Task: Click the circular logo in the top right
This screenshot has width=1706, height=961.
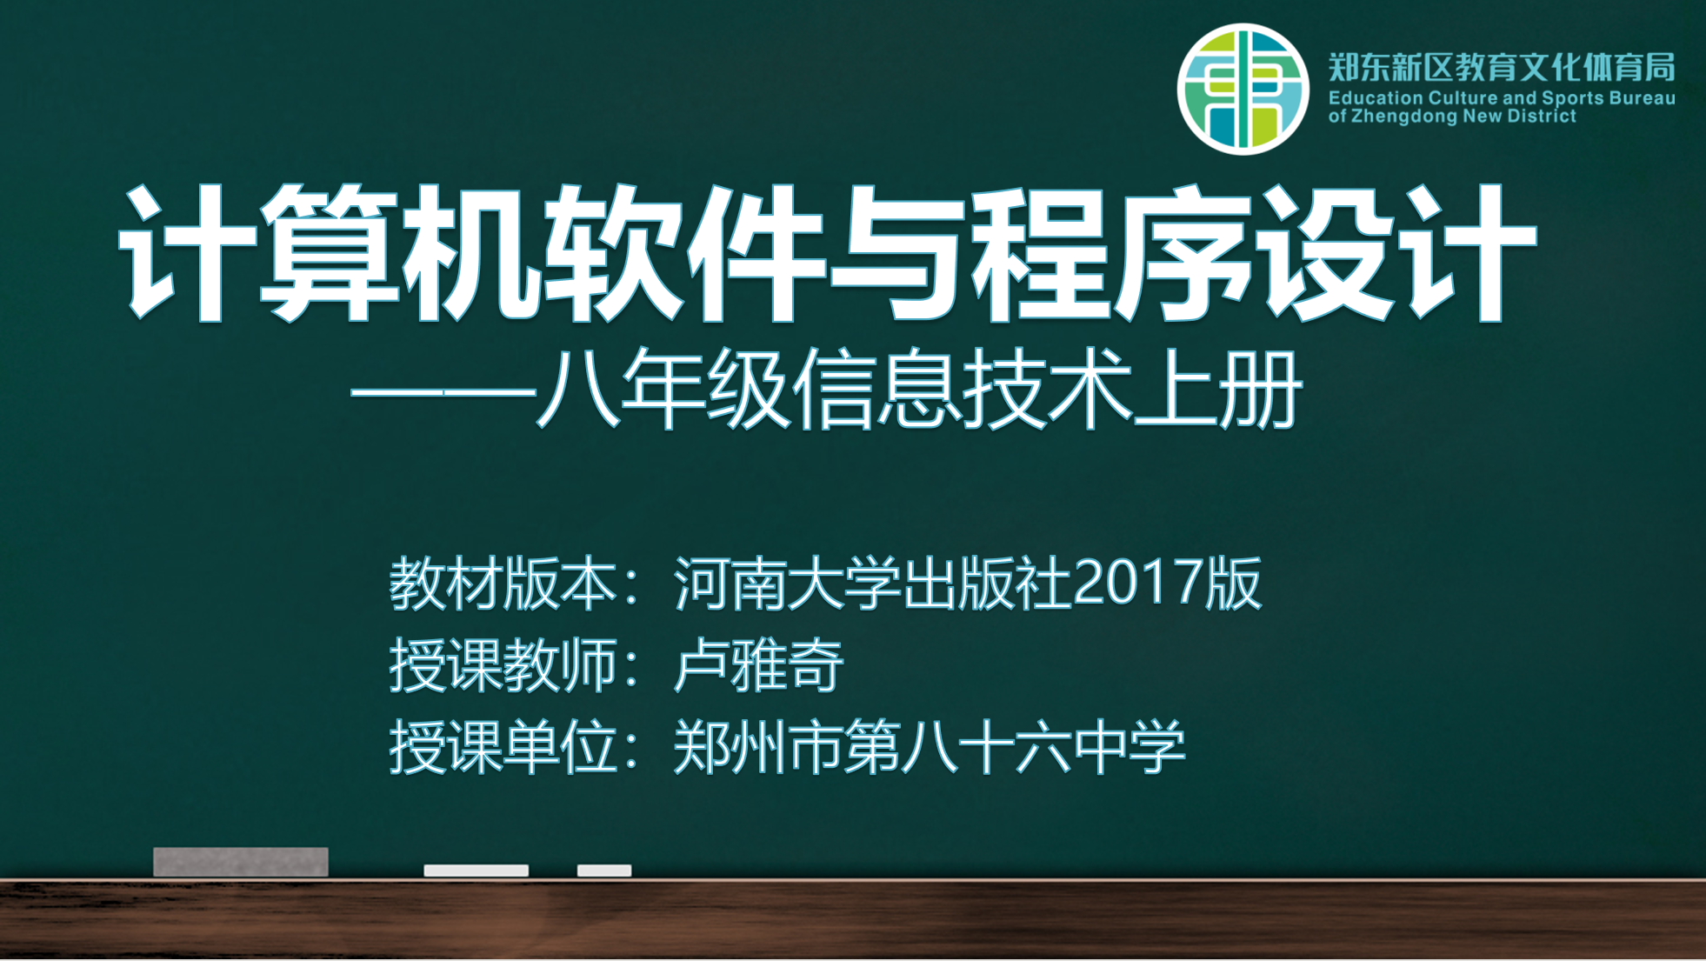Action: coord(1243,89)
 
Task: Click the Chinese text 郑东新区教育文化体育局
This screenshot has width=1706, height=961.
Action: coord(1502,67)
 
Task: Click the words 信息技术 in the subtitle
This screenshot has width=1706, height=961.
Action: coord(962,389)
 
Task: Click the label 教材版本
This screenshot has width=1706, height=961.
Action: coord(502,584)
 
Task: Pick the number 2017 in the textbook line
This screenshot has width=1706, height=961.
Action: coord(1139,582)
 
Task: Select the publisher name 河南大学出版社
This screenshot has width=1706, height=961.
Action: coord(873,584)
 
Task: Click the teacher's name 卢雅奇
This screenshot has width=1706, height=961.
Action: coord(758,665)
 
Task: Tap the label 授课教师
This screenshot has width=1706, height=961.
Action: coord(502,665)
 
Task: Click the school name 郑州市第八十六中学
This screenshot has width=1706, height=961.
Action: coord(929,746)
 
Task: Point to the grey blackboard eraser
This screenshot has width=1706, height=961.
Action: coord(241,862)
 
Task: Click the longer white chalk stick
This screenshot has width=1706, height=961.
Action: coord(476,871)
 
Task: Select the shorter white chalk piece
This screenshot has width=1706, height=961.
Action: coord(604,871)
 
